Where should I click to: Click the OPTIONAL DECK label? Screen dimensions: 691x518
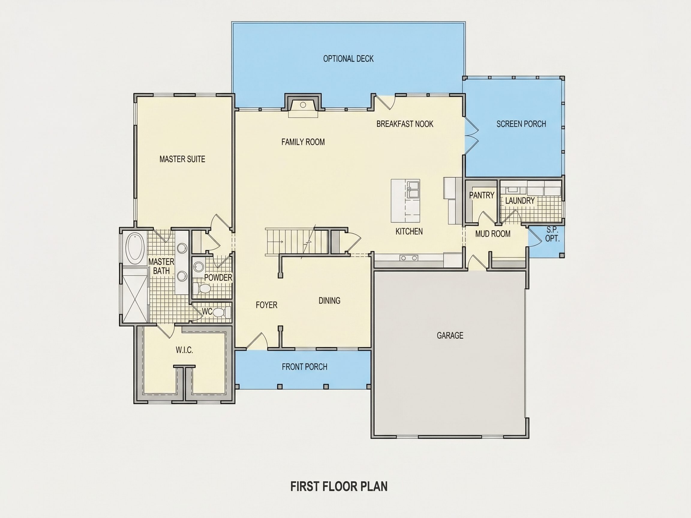click(348, 59)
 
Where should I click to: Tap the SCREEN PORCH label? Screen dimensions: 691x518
click(521, 124)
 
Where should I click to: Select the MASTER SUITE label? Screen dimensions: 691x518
click(182, 159)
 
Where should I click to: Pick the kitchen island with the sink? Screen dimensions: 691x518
click(405, 201)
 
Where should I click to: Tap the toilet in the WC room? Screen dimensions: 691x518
click(222, 312)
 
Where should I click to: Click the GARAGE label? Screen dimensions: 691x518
click(450, 335)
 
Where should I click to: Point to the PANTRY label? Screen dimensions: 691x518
click(482, 195)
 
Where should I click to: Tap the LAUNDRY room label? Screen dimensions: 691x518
click(520, 201)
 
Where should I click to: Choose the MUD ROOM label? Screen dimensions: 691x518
click(493, 234)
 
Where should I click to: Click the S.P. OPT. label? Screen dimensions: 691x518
click(552, 234)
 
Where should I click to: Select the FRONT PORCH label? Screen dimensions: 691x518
click(305, 367)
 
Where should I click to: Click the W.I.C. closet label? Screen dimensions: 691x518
click(184, 350)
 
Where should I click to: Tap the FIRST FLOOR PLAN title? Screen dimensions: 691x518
click(339, 486)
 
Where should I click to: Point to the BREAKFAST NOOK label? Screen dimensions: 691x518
click(405, 124)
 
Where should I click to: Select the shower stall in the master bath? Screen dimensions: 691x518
click(135, 295)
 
